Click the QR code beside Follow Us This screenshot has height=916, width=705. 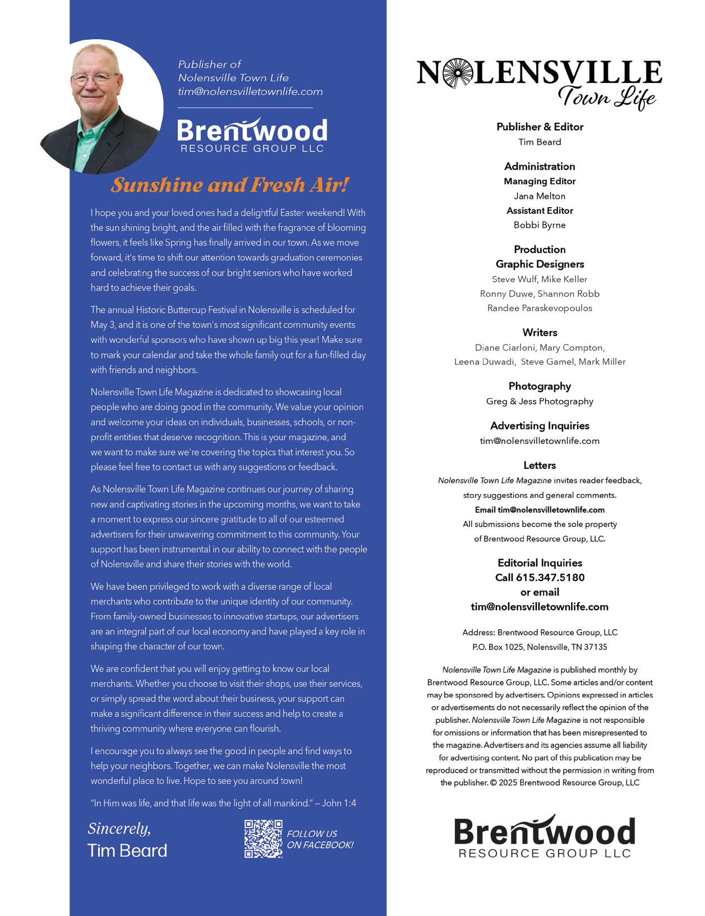(x=263, y=839)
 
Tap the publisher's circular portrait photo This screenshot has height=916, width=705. (x=102, y=107)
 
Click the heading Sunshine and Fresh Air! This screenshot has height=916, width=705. (x=230, y=185)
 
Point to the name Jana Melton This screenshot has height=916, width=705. (x=540, y=196)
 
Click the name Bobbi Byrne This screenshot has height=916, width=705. (x=540, y=225)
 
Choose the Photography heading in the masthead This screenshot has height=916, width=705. (x=540, y=386)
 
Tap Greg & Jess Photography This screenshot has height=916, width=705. (x=540, y=401)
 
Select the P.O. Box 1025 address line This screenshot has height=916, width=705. (x=540, y=647)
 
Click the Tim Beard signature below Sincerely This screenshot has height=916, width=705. (x=127, y=850)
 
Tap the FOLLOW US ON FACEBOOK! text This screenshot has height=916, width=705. (x=320, y=839)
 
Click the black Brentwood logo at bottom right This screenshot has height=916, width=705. (x=545, y=836)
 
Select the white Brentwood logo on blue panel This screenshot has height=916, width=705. (x=252, y=135)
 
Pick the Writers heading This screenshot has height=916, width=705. (x=540, y=332)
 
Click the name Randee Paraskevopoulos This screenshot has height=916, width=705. (x=540, y=308)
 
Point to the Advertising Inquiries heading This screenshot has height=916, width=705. (x=540, y=426)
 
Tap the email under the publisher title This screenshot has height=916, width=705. (x=250, y=91)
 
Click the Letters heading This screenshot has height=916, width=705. (x=540, y=465)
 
